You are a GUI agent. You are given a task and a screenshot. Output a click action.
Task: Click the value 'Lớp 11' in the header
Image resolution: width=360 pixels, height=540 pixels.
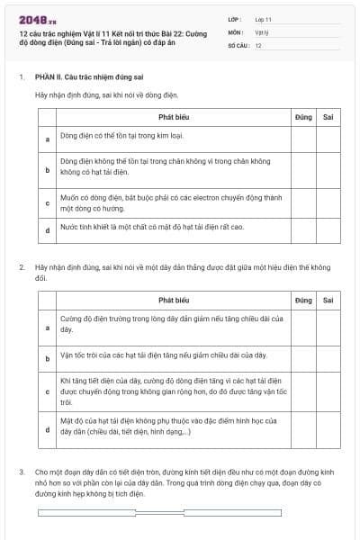tap(264, 19)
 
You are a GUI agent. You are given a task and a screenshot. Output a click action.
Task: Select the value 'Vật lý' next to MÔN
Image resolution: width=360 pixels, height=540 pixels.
tap(261, 31)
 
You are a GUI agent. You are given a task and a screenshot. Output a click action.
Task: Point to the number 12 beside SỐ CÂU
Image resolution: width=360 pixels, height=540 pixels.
tap(258, 44)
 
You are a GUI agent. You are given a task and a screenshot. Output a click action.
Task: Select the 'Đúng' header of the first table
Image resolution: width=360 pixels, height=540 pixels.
tap(302, 117)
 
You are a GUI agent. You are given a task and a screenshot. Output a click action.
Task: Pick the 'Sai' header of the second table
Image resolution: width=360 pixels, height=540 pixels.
tap(328, 300)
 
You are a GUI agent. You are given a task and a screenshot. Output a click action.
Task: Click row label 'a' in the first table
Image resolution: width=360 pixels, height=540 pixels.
tap(47, 139)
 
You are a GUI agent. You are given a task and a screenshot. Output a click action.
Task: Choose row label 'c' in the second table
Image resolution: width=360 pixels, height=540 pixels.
tap(47, 392)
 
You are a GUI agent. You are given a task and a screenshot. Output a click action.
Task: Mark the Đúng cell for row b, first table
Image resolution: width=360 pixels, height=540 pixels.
tap(302, 167)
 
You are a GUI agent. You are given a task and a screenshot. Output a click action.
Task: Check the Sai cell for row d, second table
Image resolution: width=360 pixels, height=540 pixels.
tap(328, 429)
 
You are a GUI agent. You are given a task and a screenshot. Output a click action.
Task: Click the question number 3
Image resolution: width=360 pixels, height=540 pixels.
tap(22, 472)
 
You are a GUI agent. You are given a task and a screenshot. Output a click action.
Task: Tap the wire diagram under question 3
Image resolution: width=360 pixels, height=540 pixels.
tap(178, 513)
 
